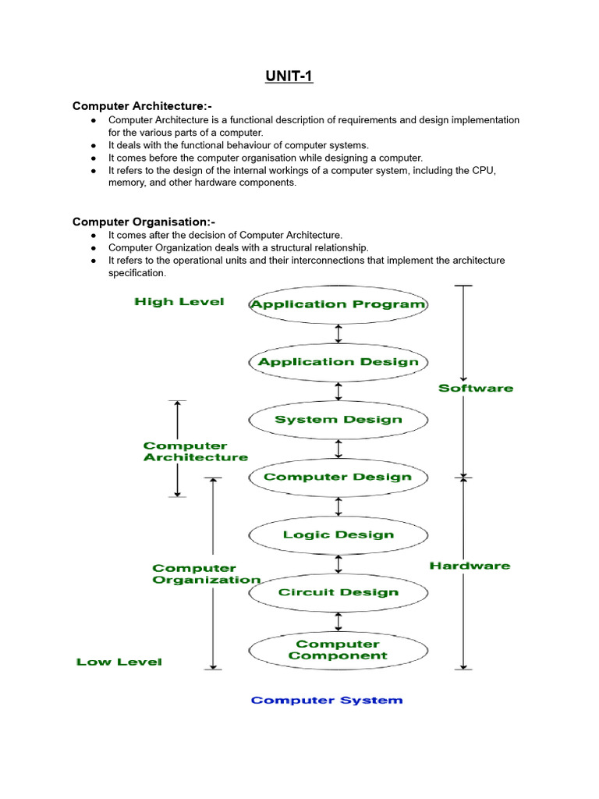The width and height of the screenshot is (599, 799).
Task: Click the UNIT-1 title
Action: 288,77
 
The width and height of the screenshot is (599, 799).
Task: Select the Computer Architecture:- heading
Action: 143,105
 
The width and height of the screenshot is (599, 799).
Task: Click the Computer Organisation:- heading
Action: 144,222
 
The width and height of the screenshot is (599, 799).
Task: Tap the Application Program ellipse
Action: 338,304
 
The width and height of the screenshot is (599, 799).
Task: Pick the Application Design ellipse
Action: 338,362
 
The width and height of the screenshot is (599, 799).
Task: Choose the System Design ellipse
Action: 338,420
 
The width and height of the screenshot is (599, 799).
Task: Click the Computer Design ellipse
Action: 338,477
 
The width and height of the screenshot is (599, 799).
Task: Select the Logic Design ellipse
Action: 338,534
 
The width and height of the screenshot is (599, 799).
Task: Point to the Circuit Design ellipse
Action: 338,592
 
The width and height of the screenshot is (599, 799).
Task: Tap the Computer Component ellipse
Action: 338,650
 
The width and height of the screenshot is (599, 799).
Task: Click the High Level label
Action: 179,302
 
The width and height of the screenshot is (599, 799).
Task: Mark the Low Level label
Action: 119,662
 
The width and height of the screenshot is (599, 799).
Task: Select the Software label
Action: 476,388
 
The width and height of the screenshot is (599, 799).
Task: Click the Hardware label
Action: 470,566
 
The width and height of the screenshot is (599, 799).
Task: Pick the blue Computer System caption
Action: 327,700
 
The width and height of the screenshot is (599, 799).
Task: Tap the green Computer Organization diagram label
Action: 206,574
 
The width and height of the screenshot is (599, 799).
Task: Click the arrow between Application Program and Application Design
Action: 338,333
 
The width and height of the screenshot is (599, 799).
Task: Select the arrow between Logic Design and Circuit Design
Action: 338,563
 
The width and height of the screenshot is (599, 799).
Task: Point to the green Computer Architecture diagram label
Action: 195,452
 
